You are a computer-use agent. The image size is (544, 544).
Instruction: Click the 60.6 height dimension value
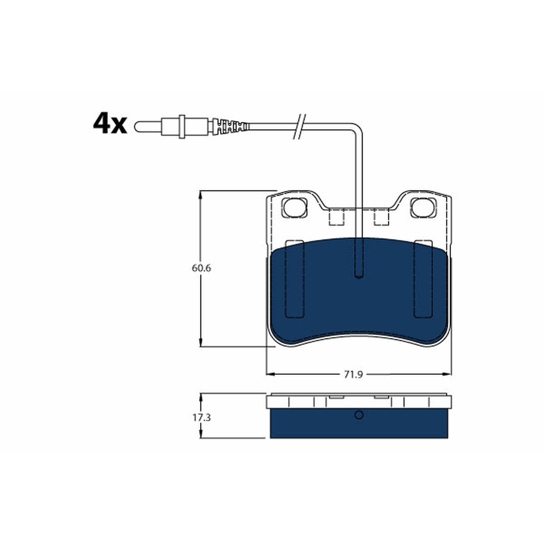pyautogui.click(x=201, y=268)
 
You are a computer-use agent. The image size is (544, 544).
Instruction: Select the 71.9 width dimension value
pyautogui.click(x=353, y=374)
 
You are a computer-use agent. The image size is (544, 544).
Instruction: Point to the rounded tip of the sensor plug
pyautogui.click(x=137, y=126)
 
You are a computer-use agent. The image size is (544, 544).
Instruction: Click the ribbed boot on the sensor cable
pyautogui.click(x=231, y=126)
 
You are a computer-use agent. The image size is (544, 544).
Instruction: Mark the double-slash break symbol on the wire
pyautogui.click(x=299, y=126)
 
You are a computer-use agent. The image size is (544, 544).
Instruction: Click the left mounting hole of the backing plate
pyautogui.click(x=295, y=208)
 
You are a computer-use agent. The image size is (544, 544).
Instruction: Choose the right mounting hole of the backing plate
pyautogui.click(x=423, y=208)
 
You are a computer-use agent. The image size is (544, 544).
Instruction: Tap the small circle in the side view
pyautogui.click(x=359, y=415)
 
